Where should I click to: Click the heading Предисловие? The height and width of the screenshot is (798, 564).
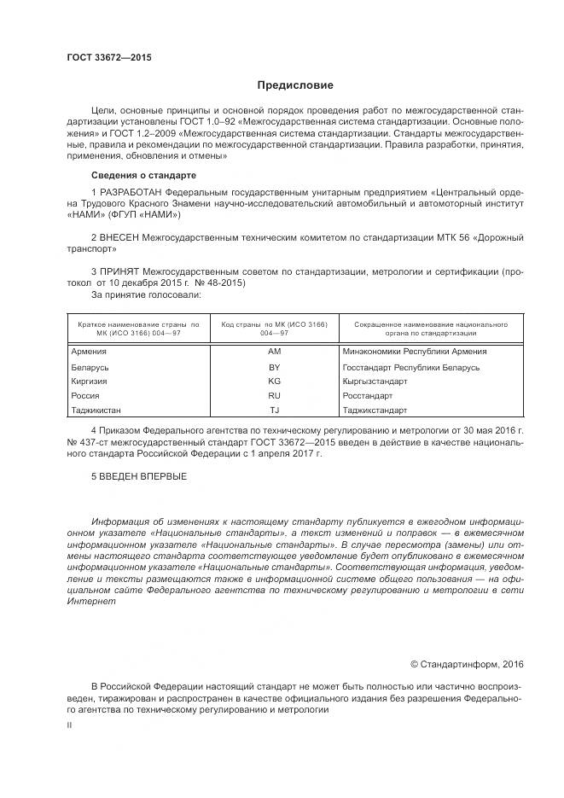[x=295, y=85]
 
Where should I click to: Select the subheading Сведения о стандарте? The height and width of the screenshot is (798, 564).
[x=137, y=175]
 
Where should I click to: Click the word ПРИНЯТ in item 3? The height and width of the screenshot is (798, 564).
[x=120, y=269]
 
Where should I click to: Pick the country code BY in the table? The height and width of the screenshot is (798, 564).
[x=274, y=367]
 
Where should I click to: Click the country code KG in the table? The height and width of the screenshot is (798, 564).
[x=274, y=382]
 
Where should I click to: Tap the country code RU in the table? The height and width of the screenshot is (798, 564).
[x=274, y=396]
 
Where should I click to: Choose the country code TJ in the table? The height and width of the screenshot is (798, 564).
[x=274, y=411]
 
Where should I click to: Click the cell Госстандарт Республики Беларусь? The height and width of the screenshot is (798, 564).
[x=410, y=367]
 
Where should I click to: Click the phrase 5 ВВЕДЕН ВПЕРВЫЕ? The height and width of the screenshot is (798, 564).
[x=138, y=475]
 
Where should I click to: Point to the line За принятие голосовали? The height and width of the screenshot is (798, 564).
[x=145, y=294]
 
